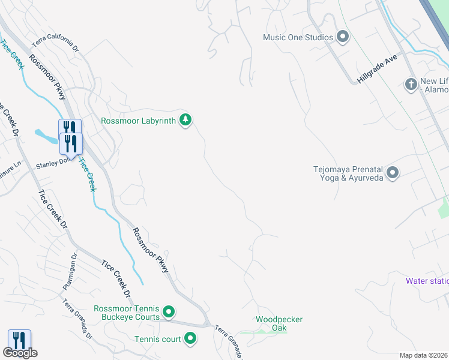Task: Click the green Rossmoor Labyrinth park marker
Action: [186, 121]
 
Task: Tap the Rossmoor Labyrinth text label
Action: [139, 121]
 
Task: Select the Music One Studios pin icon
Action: [343, 37]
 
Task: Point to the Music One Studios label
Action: [298, 38]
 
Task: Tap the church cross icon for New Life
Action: [411, 83]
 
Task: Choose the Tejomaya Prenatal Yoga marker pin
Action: [393, 173]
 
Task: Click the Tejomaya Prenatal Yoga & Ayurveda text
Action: [348, 173]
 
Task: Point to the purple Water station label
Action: [427, 280]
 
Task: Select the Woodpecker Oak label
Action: [279, 323]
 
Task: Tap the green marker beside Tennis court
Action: [191, 339]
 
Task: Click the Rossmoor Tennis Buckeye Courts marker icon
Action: [169, 311]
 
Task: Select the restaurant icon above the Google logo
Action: [19, 340]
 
